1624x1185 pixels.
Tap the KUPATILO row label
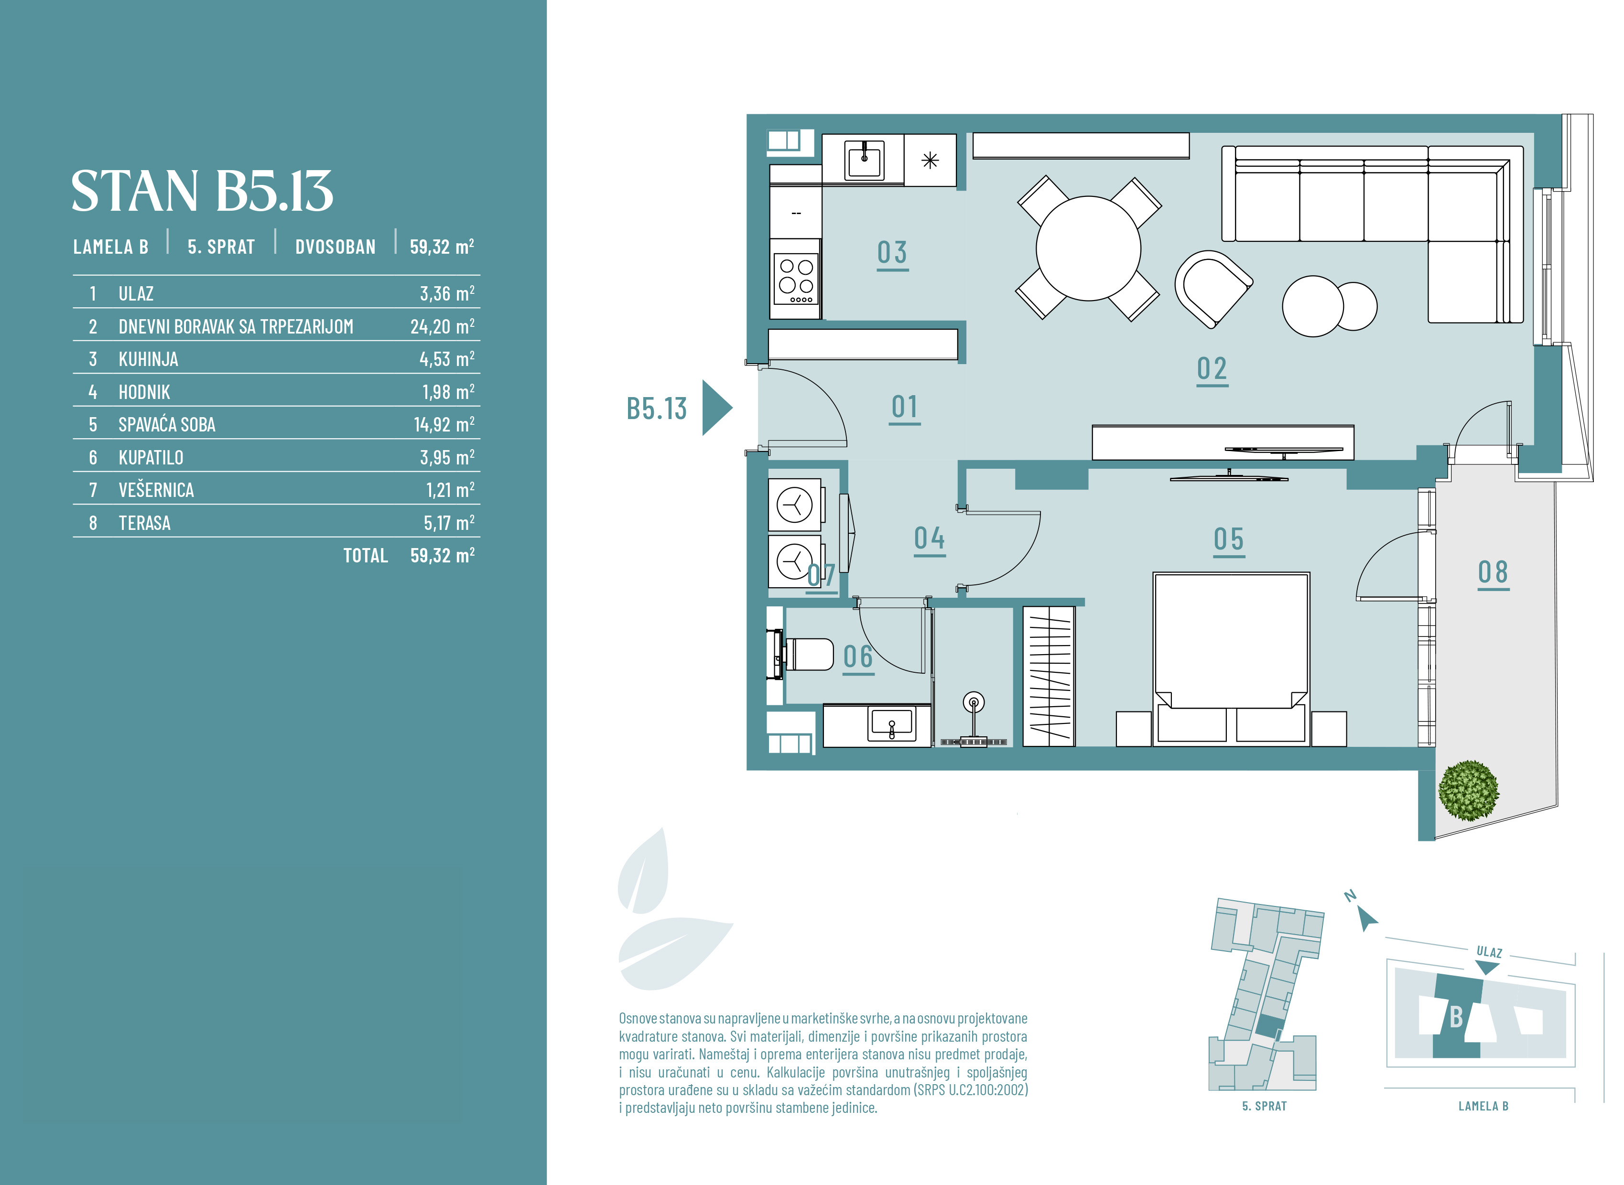click(x=151, y=458)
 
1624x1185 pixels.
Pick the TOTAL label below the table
click(x=365, y=555)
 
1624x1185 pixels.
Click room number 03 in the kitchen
click(x=892, y=253)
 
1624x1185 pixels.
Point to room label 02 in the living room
click(x=1212, y=369)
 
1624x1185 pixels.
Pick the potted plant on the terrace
click(x=1468, y=790)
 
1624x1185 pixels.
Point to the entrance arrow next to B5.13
click(x=716, y=408)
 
